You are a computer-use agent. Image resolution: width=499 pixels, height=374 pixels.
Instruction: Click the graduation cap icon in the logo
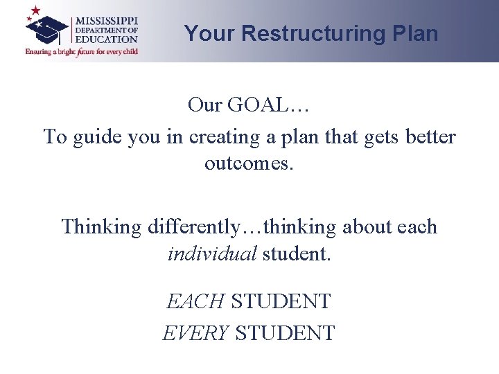(46, 27)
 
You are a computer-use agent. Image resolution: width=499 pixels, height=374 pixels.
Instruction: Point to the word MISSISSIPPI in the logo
(107, 20)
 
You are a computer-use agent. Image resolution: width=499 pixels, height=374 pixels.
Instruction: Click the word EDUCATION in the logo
(107, 39)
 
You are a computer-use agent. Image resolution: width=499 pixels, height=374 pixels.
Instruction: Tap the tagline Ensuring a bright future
(81, 51)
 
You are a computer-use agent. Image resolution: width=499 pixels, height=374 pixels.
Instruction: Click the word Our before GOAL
(204, 105)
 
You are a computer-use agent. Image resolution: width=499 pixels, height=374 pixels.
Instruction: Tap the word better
(429, 137)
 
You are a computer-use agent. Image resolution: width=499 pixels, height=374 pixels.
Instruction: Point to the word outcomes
(249, 164)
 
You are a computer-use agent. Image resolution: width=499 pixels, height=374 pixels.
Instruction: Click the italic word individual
(212, 253)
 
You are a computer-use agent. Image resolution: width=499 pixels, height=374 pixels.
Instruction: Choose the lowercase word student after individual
(297, 253)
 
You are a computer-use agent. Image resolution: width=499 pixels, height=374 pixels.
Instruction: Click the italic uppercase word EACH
(195, 301)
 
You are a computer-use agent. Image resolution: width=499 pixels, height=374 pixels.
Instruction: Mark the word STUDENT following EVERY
(286, 332)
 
